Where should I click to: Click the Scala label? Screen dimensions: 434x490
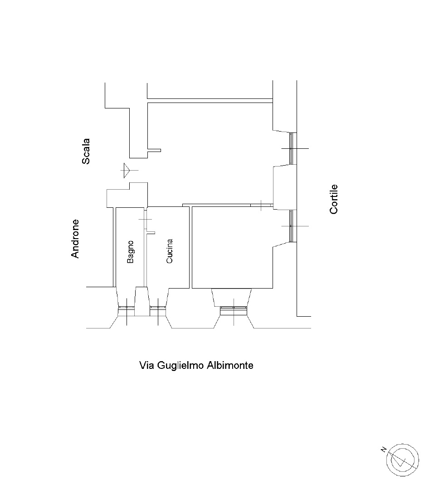click(x=86, y=151)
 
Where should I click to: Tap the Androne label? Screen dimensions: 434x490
click(x=75, y=239)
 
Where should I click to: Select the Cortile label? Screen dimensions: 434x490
click(x=334, y=199)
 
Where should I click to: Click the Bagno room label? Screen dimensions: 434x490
click(x=130, y=252)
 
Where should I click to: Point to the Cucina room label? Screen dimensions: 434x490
click(x=169, y=251)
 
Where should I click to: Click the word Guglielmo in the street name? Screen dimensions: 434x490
click(x=176, y=365)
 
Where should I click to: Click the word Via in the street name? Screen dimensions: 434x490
click(x=146, y=365)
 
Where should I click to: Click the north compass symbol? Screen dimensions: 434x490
click(x=402, y=460)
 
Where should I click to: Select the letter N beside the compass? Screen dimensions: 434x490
click(x=384, y=450)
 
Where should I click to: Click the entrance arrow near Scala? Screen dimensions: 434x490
click(x=127, y=170)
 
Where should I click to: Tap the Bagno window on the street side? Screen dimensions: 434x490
click(x=127, y=308)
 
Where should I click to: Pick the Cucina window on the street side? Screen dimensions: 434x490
click(x=158, y=308)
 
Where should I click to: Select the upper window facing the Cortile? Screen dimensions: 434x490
click(x=291, y=148)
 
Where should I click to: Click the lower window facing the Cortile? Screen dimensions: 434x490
click(x=291, y=226)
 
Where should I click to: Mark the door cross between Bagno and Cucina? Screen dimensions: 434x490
click(x=145, y=220)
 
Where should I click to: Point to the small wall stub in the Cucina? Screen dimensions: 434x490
click(x=151, y=232)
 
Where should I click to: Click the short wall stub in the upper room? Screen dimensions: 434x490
click(x=154, y=150)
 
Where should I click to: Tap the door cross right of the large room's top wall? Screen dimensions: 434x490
click(x=261, y=206)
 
